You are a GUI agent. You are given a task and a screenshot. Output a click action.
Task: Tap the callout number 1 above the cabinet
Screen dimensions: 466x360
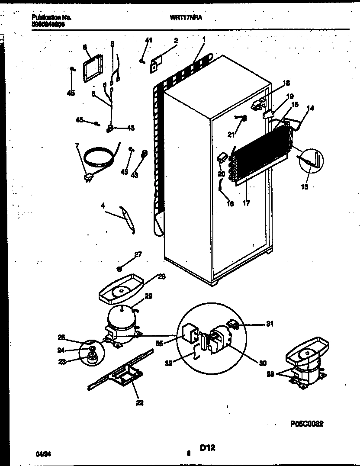[x=204, y=39]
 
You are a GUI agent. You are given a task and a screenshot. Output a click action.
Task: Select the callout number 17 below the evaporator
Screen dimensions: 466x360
[x=246, y=202]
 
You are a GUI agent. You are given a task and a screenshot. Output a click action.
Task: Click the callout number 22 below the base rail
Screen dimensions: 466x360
[x=140, y=403]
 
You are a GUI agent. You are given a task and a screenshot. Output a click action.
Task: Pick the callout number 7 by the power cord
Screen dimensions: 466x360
[x=77, y=146]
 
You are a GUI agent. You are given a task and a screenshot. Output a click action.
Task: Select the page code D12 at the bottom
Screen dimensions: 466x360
[x=207, y=450]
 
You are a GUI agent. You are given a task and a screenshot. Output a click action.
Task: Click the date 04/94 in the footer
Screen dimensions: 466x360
[x=42, y=453]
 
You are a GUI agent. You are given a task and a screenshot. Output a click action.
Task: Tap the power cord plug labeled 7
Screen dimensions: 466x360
[x=90, y=177]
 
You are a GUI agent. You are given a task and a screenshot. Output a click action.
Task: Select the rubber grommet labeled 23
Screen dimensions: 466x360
[x=91, y=357]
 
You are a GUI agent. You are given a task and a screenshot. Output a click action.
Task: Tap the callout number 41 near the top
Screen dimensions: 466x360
[x=148, y=40]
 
